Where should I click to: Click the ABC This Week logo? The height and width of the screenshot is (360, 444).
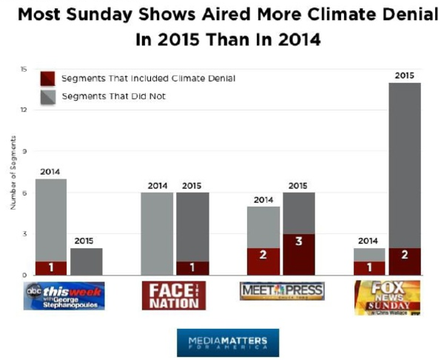click(64, 296)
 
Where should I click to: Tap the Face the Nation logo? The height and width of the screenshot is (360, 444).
click(173, 296)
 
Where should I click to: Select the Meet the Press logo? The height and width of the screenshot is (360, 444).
click(282, 291)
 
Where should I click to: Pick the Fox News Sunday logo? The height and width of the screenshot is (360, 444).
click(387, 297)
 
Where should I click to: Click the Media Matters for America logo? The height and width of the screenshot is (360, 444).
click(228, 342)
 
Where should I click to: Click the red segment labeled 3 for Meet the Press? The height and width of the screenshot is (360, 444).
click(299, 254)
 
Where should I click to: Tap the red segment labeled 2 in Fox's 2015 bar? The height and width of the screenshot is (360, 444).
click(404, 261)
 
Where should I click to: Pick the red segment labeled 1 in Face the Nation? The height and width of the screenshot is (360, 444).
click(191, 267)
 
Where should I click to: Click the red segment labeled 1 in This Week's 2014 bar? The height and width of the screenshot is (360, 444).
click(50, 267)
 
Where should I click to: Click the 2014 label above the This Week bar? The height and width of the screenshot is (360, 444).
click(50, 172)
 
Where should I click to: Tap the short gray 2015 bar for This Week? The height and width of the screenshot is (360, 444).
click(86, 261)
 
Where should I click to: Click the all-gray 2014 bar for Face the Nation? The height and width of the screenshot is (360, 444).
click(157, 233)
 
